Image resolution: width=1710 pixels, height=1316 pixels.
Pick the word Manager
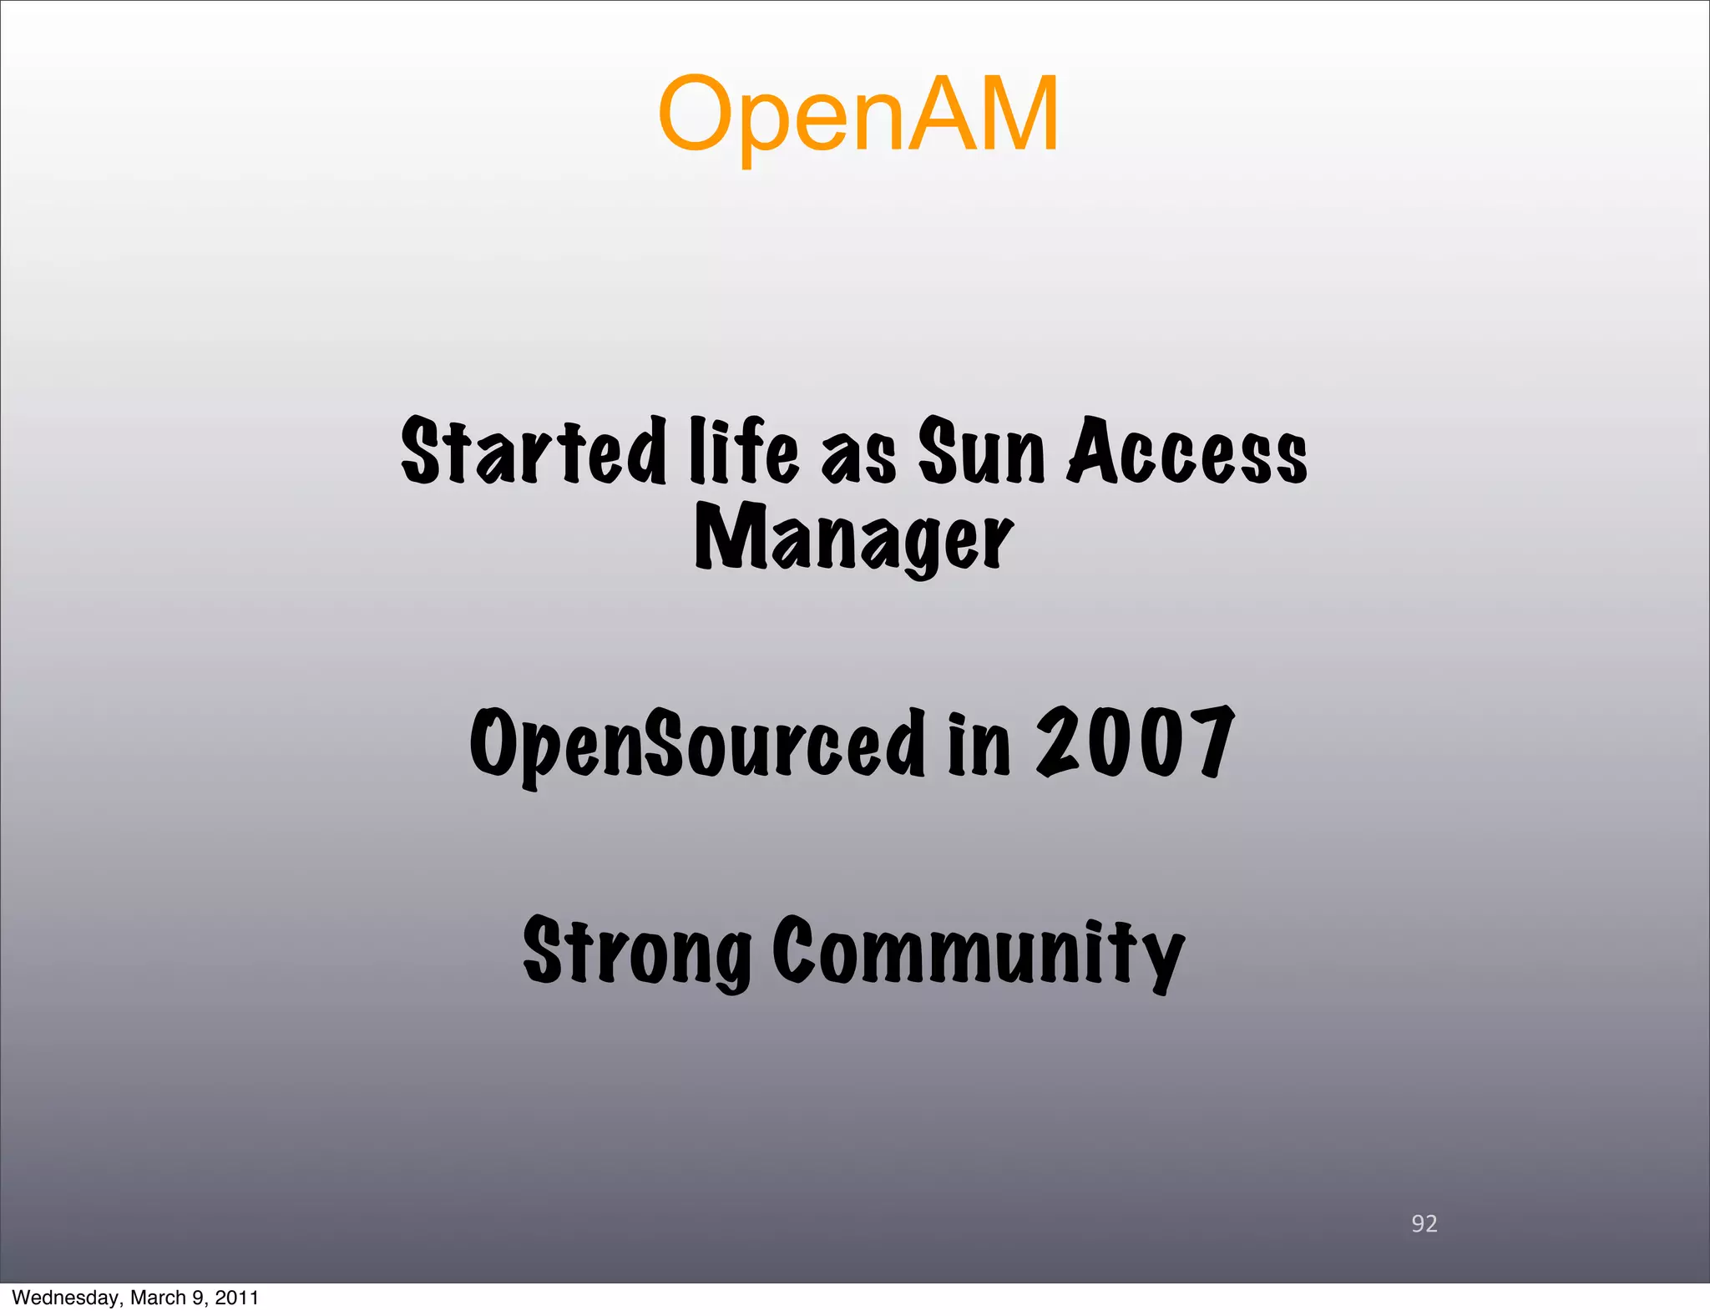[x=853, y=539]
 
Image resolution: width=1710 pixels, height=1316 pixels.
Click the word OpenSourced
[x=698, y=743]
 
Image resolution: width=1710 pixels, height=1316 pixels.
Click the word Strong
[x=637, y=952]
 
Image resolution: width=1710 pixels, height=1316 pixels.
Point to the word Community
[x=978, y=952]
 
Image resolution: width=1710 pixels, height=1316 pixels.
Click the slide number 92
[x=1424, y=1223]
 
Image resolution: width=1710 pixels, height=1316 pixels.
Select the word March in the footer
[x=158, y=1298]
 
